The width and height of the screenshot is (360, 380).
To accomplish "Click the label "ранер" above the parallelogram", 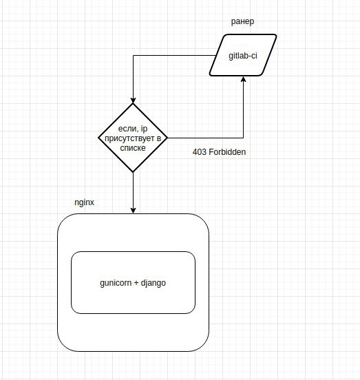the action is point(242,22).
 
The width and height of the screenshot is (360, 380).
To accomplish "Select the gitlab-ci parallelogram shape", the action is point(243,55).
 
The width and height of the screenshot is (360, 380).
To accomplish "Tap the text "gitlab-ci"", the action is point(243,56).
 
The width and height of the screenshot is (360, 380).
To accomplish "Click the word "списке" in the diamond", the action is point(133,148).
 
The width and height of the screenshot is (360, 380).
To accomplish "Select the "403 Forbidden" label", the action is point(220,152).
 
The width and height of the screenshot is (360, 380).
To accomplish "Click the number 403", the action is point(200,152).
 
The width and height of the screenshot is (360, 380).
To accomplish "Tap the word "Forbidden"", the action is point(227,152).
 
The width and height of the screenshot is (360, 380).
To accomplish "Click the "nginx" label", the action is point(84,202).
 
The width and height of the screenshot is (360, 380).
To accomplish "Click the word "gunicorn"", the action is point(116,283).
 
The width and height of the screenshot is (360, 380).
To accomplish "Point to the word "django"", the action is point(153,283).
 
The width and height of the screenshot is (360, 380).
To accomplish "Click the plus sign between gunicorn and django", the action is point(136,283).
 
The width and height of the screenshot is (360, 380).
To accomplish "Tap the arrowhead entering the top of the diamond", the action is point(133,101).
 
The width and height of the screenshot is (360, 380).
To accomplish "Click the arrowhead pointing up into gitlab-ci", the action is point(243,79).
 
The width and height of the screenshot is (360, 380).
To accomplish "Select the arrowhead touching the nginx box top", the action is point(133,211).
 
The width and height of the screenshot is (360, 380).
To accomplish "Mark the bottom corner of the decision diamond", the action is point(133,172).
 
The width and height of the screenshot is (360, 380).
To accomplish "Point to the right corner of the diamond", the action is point(168,138).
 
